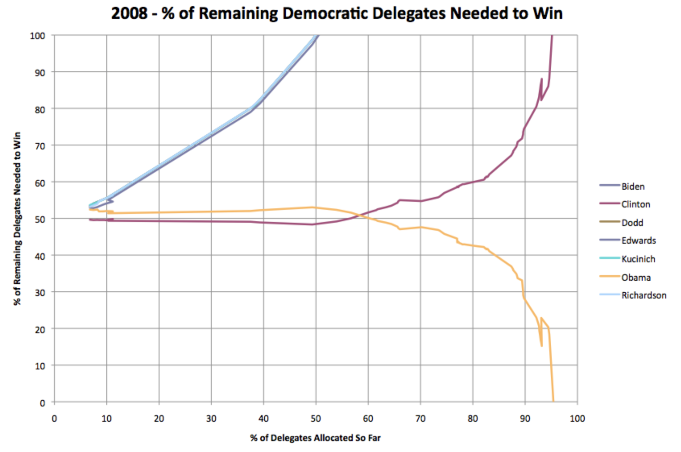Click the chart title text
[337, 14]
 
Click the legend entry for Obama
[636, 277]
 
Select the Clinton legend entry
[635, 204]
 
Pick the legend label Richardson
[644, 295]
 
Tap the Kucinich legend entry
[638, 259]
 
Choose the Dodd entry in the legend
[632, 223]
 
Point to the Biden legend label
[633, 187]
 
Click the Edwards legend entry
[638, 240]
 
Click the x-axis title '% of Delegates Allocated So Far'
[315, 438]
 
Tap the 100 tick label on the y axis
[37, 36]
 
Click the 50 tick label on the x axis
[316, 418]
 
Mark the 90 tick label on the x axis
[525, 418]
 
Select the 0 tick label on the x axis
[54, 418]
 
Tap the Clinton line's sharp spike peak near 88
[542, 79]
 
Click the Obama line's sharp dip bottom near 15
[542, 346]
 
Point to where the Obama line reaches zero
[553, 401]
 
